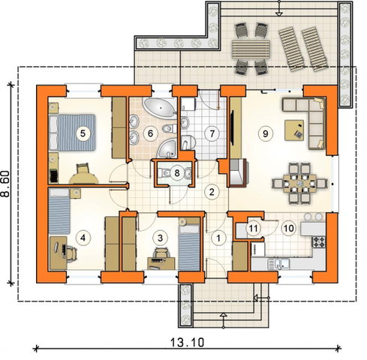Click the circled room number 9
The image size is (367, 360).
click(x=265, y=133)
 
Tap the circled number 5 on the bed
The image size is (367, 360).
click(x=83, y=133)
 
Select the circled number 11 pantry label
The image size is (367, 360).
click(x=253, y=228)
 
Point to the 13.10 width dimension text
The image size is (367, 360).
click(x=188, y=342)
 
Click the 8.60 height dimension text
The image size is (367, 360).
click(x=5, y=184)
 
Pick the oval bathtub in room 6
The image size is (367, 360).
click(x=159, y=108)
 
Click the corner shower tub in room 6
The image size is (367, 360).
click(x=167, y=148)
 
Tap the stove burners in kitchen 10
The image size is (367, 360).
click(x=318, y=241)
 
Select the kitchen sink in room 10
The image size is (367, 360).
click(x=278, y=264)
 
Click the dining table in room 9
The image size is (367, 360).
click(x=299, y=184)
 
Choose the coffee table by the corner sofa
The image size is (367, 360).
click(x=294, y=130)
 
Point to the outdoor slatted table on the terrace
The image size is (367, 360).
click(x=251, y=49)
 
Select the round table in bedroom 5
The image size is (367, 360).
click(x=83, y=178)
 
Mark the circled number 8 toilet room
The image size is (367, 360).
click(x=177, y=172)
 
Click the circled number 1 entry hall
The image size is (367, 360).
click(x=218, y=238)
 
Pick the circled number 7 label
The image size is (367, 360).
click(x=212, y=133)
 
